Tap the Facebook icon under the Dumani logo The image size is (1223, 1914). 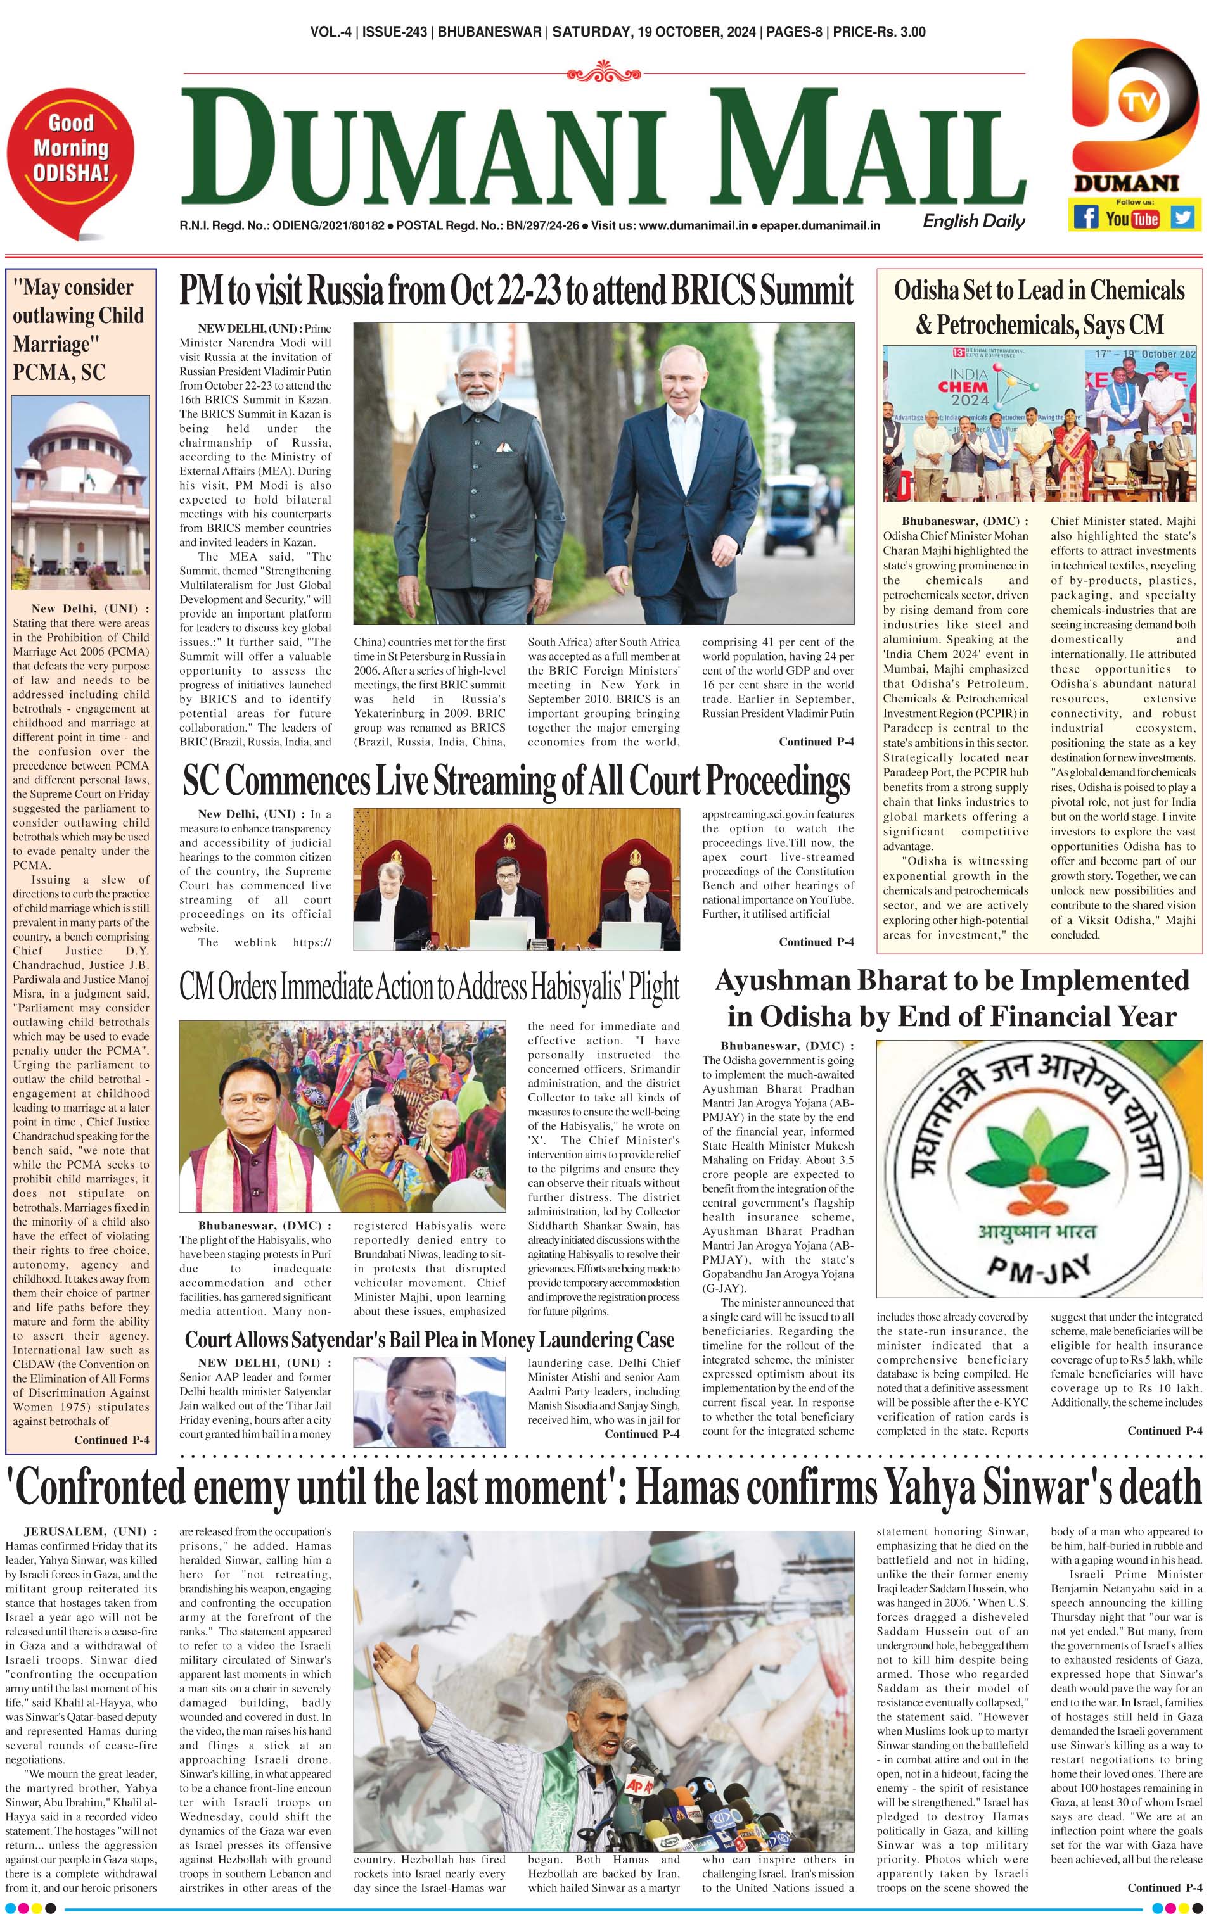click(1085, 217)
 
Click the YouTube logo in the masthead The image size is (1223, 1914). click(1132, 218)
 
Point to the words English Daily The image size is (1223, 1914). click(973, 222)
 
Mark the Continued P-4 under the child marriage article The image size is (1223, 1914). click(112, 1440)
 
